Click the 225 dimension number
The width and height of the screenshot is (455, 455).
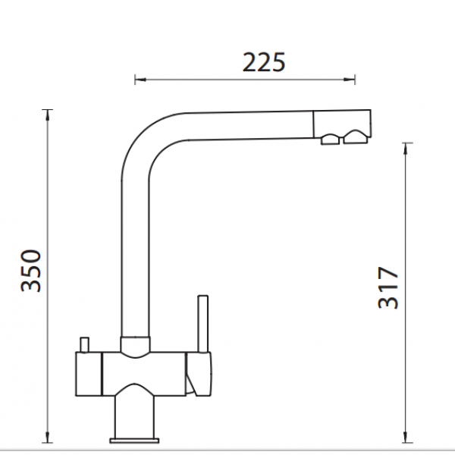click(264, 62)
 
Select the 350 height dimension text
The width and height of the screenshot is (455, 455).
click(31, 271)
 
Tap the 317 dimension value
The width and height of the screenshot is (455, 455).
click(388, 288)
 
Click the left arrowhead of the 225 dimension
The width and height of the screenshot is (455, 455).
click(140, 79)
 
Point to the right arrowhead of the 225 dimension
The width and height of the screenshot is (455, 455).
click(349, 79)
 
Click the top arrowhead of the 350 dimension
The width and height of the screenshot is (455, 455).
click(47, 115)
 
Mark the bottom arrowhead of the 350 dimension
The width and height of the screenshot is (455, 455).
click(47, 437)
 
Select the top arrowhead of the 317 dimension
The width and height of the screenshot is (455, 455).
click(406, 149)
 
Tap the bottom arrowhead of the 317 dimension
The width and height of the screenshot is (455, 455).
click(406, 437)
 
